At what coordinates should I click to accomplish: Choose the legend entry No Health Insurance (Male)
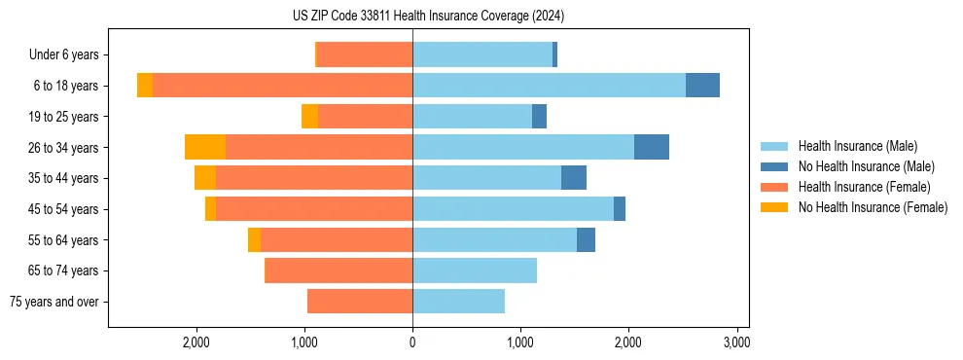click(x=866, y=166)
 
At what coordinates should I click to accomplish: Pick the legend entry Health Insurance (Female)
click(x=864, y=187)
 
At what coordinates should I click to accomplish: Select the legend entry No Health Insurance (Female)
click(x=873, y=207)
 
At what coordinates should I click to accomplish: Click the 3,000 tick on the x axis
click(x=736, y=342)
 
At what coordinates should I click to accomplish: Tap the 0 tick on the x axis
click(x=412, y=342)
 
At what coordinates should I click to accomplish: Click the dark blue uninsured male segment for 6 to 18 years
click(x=702, y=86)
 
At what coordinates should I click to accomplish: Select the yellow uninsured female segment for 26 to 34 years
click(x=205, y=147)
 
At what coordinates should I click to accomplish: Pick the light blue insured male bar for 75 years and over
click(x=458, y=302)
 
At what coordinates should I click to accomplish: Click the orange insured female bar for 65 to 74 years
click(x=339, y=270)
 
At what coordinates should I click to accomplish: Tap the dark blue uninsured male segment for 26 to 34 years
click(x=652, y=147)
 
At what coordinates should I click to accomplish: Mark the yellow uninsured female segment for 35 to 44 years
click(x=205, y=178)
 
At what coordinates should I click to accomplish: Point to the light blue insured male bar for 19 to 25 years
click(x=472, y=117)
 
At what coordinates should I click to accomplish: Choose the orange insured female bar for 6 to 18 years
click(x=283, y=86)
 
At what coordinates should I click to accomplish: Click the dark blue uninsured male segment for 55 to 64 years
click(x=586, y=239)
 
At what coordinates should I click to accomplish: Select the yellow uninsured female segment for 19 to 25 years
click(x=309, y=117)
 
